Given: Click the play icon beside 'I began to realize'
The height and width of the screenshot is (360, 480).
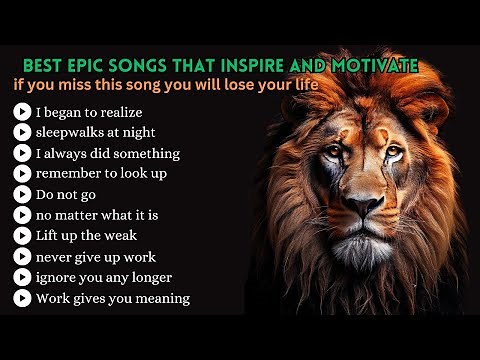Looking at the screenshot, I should pos(21,111).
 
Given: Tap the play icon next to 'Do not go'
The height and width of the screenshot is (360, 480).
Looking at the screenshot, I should pos(21,194).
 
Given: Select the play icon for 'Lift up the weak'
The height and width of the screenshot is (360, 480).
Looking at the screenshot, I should pos(21,236).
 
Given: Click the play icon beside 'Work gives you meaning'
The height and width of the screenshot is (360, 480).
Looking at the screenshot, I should pos(21,298).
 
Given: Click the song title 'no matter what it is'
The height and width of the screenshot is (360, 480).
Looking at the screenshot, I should pos(97,215).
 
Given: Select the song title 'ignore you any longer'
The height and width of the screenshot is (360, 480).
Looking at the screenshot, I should pos(104,277).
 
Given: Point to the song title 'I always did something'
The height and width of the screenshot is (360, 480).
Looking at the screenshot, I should pos(108,153).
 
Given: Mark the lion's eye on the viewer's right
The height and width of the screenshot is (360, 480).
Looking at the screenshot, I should pos(393,153).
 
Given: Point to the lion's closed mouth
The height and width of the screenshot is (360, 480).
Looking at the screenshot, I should pos(367,230).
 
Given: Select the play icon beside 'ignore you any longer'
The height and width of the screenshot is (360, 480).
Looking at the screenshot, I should pos(21,277).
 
